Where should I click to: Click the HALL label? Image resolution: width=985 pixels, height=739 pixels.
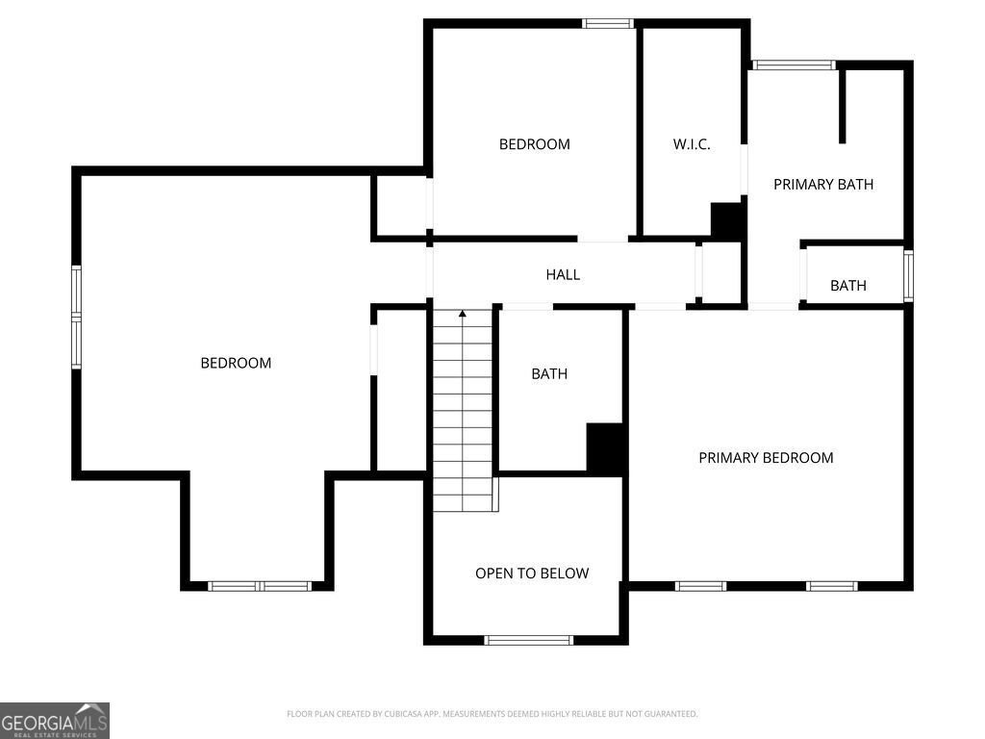[x=563, y=274]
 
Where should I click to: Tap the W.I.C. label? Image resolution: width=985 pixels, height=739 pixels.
[x=692, y=144]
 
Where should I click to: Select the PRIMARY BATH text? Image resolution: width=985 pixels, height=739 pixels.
[x=823, y=184]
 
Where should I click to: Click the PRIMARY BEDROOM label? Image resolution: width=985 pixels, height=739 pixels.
[x=766, y=457]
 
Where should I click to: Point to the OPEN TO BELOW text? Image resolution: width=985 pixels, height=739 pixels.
[x=532, y=573]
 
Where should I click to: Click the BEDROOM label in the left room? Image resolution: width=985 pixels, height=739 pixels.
[x=236, y=363]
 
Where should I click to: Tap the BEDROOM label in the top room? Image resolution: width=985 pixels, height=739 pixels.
[x=534, y=144]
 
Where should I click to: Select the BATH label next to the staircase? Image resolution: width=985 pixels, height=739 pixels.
[x=549, y=373]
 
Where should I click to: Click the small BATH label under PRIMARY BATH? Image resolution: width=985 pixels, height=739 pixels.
[x=848, y=285]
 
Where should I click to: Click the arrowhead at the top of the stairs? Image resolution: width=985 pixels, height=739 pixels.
[x=463, y=314]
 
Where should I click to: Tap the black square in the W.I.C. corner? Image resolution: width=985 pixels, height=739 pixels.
[x=726, y=221]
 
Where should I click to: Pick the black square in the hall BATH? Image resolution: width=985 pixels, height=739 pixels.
[x=606, y=448]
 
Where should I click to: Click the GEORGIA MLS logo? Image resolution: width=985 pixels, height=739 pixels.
[x=55, y=721]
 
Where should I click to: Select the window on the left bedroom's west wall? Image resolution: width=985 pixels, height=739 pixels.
[x=76, y=318]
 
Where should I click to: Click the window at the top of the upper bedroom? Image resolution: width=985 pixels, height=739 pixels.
[x=608, y=23]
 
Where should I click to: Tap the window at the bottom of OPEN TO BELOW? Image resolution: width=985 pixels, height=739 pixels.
[x=529, y=640]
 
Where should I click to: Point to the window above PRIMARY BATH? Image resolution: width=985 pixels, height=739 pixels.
[x=794, y=65]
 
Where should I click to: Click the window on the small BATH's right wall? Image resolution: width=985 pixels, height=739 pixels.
[x=908, y=276]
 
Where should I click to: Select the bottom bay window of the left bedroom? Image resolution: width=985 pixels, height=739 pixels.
[x=260, y=585]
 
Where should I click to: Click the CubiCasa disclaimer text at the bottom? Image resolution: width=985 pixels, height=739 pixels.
[x=492, y=714]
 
